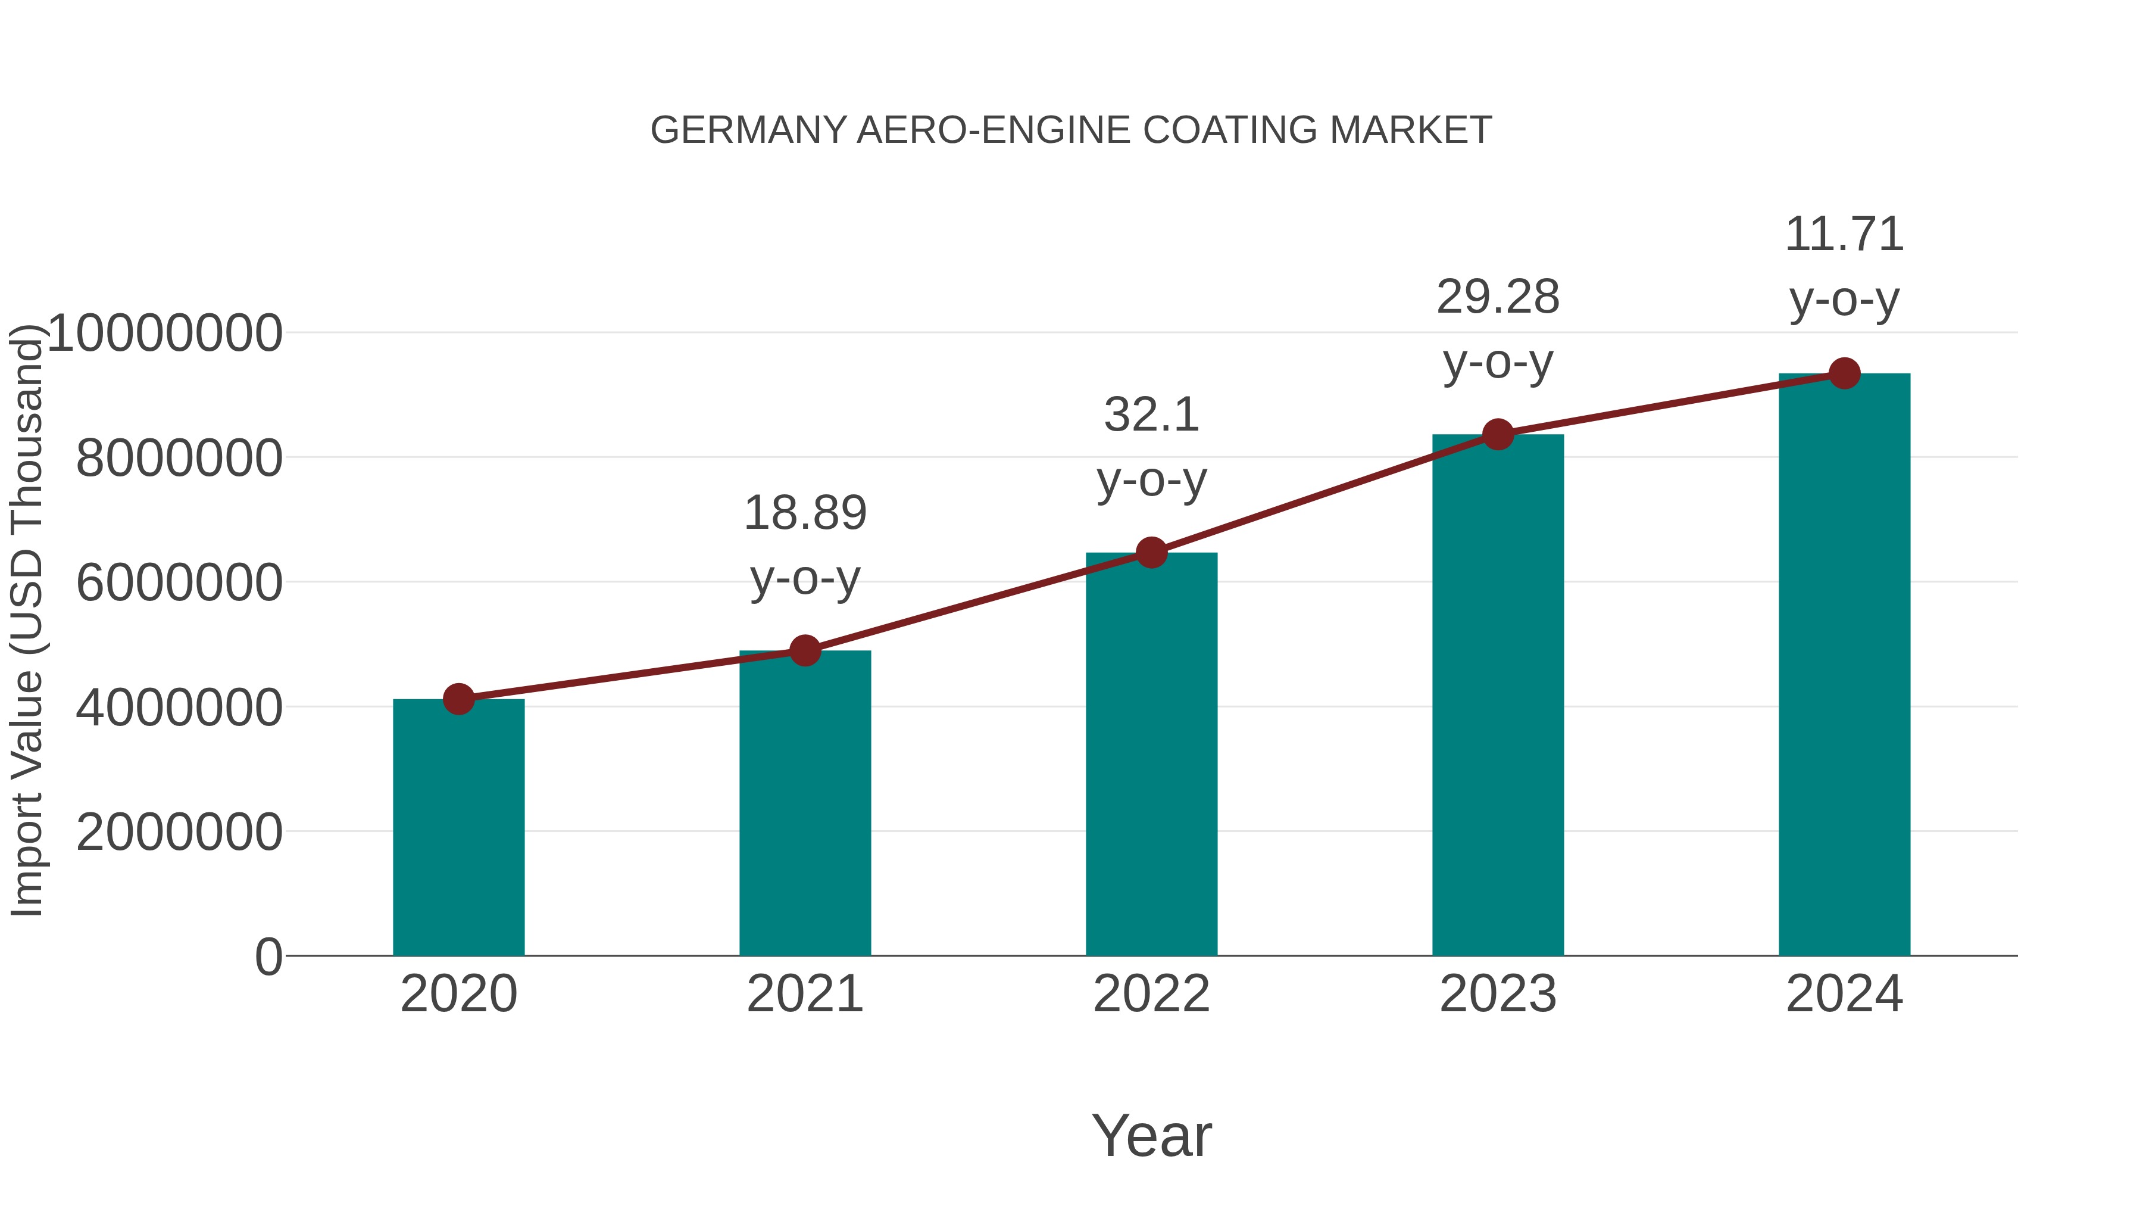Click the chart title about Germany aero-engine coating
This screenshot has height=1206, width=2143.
1071,130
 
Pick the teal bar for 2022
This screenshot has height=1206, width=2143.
1151,754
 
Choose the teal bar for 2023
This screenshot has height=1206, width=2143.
1498,695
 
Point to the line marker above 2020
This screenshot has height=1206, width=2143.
458,699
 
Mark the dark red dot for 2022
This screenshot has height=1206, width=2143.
1151,553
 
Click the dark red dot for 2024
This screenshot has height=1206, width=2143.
1844,373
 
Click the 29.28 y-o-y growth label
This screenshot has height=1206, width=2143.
1498,329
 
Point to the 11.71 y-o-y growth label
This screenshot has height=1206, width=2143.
1844,266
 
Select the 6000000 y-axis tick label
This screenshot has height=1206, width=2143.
179,582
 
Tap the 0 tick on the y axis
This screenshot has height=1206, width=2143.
268,956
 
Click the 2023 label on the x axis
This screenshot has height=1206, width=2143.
1498,994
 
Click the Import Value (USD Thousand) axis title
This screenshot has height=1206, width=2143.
27,620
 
